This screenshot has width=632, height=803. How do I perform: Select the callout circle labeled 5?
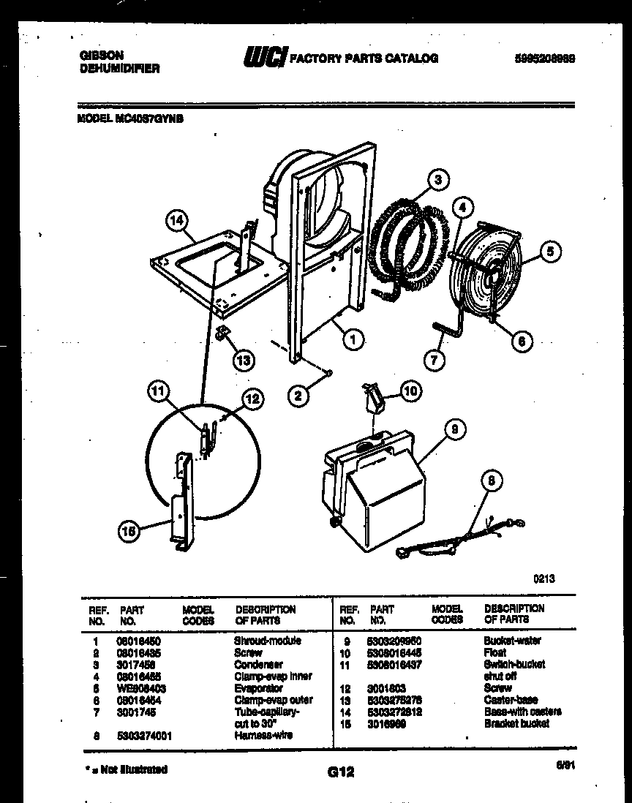tap(549, 252)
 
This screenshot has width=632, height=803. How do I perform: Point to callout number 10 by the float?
tap(411, 392)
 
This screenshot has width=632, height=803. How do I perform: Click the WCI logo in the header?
tap(264, 58)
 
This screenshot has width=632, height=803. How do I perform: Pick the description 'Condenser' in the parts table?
tap(257, 665)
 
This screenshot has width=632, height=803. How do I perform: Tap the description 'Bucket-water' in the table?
tap(512, 641)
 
